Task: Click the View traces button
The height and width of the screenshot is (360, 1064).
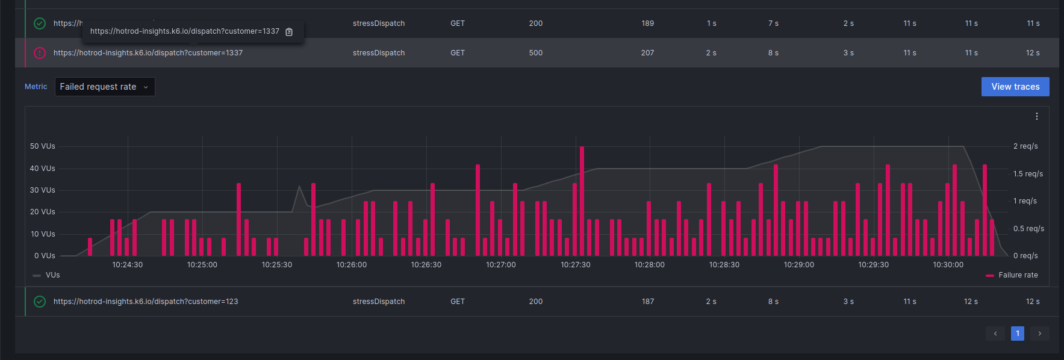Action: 1015,87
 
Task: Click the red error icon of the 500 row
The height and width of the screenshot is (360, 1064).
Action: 40,53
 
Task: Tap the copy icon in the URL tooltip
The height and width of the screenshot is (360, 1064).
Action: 289,32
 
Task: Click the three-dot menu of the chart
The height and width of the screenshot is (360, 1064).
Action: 1036,116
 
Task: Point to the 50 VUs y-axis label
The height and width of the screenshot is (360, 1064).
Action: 42,146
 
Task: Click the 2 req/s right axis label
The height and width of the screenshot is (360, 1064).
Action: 1025,146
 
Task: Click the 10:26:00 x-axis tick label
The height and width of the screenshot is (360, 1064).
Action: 351,265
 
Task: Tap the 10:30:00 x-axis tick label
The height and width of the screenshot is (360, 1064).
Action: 948,265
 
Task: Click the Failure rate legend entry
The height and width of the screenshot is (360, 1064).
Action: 1017,275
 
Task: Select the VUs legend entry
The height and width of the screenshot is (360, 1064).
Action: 52,275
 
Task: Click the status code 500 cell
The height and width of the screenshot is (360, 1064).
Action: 535,53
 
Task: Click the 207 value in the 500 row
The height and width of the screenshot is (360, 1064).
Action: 647,53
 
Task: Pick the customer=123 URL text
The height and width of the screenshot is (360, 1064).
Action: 146,302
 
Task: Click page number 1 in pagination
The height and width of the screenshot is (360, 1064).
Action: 1017,334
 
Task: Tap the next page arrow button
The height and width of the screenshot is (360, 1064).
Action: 1039,334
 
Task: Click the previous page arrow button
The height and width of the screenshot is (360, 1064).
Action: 995,334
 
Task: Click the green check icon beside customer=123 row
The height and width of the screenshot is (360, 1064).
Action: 40,302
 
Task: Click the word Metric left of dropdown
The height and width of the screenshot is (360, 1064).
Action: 36,87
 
